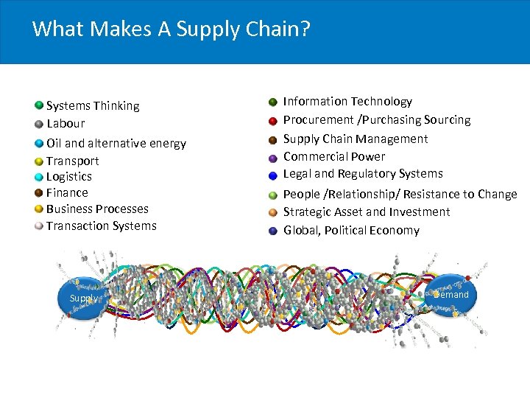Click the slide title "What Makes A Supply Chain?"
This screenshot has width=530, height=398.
point(172,29)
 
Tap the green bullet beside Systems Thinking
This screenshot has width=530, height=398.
point(38,105)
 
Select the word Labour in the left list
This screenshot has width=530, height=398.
point(66,124)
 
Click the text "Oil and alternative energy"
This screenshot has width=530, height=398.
point(116,143)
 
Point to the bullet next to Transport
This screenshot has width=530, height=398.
point(38,160)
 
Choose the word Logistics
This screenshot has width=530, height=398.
point(69,177)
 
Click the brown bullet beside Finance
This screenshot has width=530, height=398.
point(38,192)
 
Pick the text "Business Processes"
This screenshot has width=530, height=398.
point(97,209)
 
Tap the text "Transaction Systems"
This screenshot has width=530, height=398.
point(102,226)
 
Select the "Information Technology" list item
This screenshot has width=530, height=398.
point(347,102)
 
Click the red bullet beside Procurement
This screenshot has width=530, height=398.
point(272,120)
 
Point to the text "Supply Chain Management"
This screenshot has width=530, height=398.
point(356,139)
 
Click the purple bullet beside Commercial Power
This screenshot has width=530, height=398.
point(272,157)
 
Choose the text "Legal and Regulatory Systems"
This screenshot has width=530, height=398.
point(363,174)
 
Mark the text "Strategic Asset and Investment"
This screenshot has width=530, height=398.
point(367,212)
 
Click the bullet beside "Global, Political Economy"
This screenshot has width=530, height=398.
point(272,231)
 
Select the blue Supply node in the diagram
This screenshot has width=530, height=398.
point(83,298)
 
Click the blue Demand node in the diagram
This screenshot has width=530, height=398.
point(451,295)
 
